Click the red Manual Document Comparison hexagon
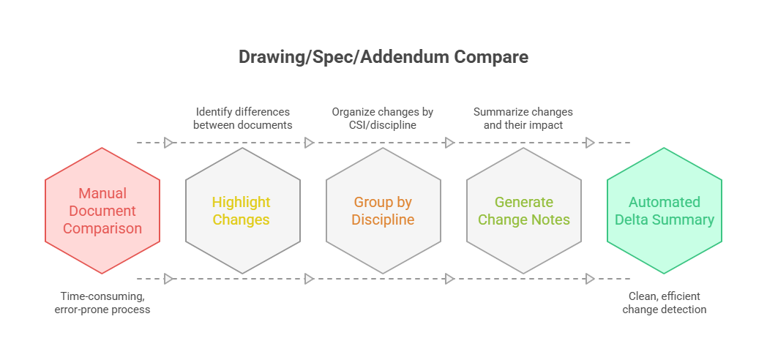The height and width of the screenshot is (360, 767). (x=102, y=211)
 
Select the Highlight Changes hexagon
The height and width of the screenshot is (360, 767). (x=242, y=211)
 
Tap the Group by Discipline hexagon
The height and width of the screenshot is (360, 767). (x=383, y=211)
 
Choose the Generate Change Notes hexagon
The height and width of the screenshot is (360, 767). (x=523, y=211)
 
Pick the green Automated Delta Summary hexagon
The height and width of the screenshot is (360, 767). (x=665, y=211)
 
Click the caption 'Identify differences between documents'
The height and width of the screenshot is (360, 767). (x=242, y=118)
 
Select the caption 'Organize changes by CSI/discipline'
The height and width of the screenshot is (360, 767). (x=383, y=118)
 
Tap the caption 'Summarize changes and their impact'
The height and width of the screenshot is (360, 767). (x=523, y=118)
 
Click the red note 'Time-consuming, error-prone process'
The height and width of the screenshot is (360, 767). (x=102, y=303)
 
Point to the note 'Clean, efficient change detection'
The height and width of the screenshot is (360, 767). (x=665, y=303)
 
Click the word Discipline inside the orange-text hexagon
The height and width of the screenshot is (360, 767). (x=383, y=220)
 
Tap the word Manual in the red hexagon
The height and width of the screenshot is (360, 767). (x=102, y=193)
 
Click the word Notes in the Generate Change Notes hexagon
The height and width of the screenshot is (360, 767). (x=552, y=220)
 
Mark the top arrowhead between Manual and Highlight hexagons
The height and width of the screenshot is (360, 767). (x=168, y=143)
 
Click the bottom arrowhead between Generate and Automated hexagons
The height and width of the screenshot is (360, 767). (x=590, y=279)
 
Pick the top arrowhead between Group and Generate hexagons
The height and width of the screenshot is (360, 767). (x=449, y=143)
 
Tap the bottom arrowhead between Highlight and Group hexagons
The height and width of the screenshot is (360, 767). (x=309, y=279)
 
